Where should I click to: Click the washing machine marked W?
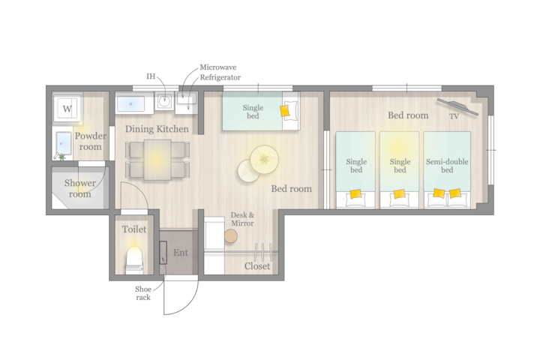[67, 108]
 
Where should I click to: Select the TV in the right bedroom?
[457, 106]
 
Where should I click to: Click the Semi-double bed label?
[447, 166]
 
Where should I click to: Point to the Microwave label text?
[218, 67]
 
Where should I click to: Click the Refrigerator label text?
[220, 77]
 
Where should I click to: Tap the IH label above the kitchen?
[151, 76]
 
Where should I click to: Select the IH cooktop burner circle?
[164, 101]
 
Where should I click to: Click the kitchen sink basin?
[130, 103]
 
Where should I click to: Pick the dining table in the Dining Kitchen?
[157, 160]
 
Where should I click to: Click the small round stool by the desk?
[231, 236]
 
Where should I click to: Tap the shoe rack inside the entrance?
[163, 253]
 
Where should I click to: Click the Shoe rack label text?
[143, 293]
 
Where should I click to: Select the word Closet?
[257, 266]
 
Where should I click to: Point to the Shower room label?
[80, 188]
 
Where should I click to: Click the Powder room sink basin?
[64, 143]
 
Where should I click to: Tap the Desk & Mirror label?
[242, 219]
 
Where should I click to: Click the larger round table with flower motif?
[264, 160]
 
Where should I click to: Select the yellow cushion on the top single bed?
[285, 110]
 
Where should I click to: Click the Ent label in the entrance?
[181, 253]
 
